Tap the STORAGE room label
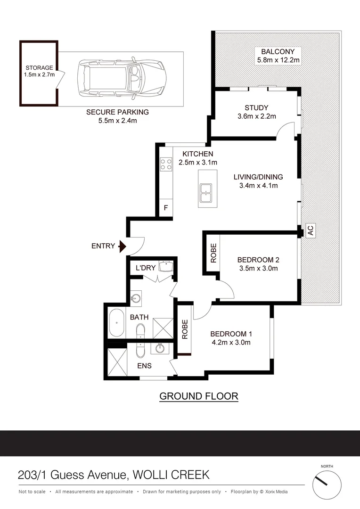39,67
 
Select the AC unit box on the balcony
311,230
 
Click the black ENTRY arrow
122,246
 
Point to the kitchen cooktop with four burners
166,164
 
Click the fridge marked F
166,207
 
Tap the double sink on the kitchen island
205,193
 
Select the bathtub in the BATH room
116,323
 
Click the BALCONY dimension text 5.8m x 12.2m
278,60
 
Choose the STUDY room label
256,108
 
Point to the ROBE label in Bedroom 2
213,253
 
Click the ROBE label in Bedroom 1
185,329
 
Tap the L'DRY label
146,268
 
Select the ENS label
145,366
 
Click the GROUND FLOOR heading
199,396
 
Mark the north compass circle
327,485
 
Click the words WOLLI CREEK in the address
171,475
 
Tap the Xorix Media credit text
276,492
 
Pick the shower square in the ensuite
117,362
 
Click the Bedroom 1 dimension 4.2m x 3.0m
231,342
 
